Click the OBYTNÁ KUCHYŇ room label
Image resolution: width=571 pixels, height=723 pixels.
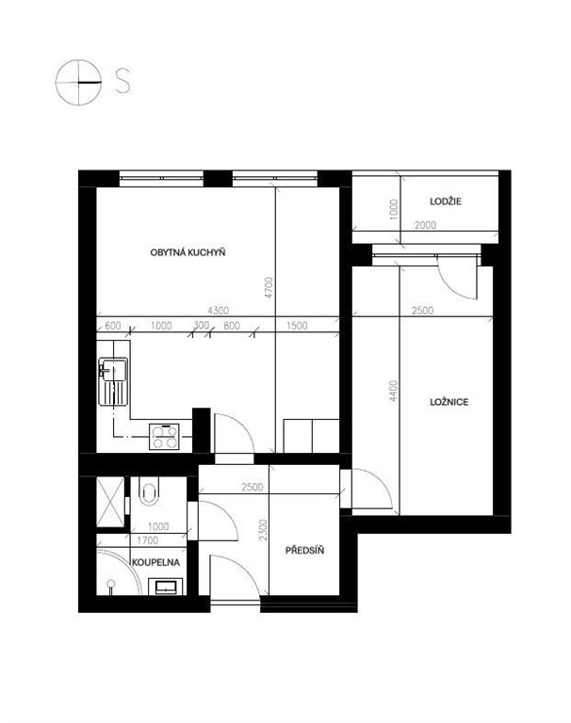click(188, 252)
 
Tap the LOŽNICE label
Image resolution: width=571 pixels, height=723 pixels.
click(449, 402)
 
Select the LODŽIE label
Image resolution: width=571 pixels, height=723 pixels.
click(446, 201)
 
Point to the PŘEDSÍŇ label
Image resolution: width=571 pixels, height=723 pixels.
click(304, 550)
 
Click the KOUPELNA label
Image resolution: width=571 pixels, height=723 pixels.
click(156, 563)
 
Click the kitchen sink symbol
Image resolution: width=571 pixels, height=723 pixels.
click(113, 382)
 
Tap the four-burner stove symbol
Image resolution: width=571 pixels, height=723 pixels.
click(164, 437)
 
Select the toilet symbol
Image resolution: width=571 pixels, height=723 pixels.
click(149, 491)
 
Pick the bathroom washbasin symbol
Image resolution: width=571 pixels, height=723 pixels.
click(165, 587)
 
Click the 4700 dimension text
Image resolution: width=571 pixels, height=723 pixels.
click(269, 287)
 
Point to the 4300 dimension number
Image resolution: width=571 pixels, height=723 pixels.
click(218, 311)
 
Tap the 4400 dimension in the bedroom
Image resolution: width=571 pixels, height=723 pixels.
click(393, 391)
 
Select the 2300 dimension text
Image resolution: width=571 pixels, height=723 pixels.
click(263, 530)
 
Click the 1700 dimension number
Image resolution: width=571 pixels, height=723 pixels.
click(148, 540)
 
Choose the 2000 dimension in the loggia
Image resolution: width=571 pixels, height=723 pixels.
click(425, 225)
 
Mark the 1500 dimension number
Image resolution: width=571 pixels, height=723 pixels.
click(297, 326)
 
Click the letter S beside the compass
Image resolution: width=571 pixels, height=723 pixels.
click(122, 81)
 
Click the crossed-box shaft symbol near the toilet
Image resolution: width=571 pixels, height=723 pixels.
click(110, 502)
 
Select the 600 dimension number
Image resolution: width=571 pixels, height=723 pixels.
click(113, 326)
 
